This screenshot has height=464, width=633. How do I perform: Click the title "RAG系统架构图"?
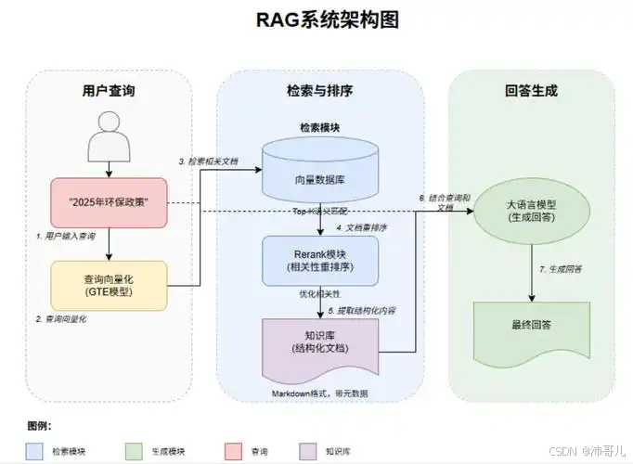coord(316,20)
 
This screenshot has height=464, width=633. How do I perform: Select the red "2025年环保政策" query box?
coord(110,201)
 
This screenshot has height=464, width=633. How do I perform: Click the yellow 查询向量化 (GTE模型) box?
coord(110,284)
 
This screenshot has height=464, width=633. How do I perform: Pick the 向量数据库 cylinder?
coord(320,171)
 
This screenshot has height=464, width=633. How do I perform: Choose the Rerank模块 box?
coord(320,259)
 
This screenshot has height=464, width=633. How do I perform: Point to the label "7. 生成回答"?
coord(561,269)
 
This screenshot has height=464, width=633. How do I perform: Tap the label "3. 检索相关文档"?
coord(209,161)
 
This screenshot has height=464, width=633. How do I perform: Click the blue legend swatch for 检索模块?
coord(35,450)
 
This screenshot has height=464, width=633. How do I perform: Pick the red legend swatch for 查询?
coord(234,450)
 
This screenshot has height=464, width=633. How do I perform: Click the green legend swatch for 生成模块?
coord(135,450)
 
